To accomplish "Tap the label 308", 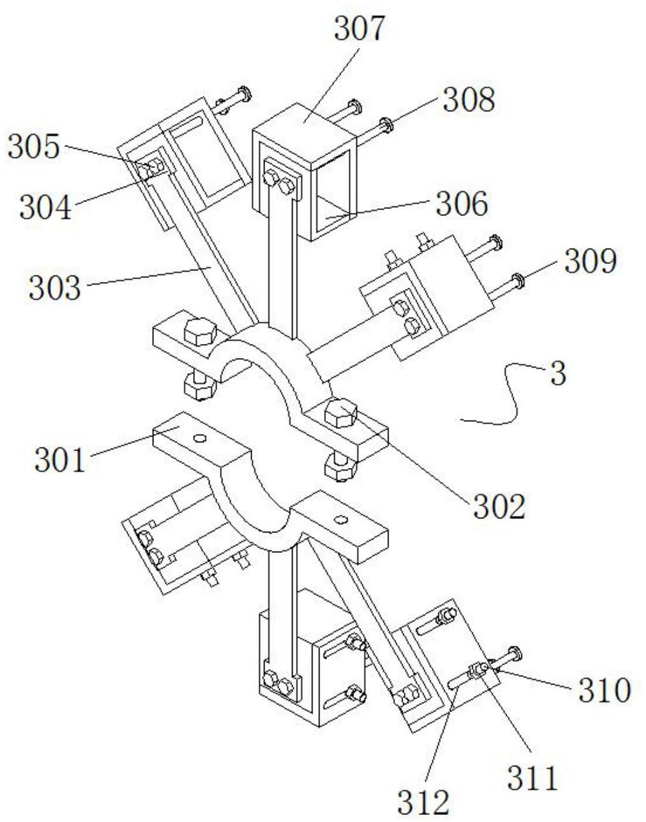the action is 469,100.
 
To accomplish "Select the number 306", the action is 461,205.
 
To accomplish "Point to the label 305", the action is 33,148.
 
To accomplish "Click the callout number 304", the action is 45,208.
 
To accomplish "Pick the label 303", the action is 55,288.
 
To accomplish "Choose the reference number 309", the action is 590,261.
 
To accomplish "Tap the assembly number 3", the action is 558,375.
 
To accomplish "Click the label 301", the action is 60,460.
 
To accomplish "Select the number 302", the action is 498,507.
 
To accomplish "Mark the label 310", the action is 604,690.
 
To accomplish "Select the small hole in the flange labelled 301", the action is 200,438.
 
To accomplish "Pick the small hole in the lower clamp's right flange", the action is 340,519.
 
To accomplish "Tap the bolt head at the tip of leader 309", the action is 517,280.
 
